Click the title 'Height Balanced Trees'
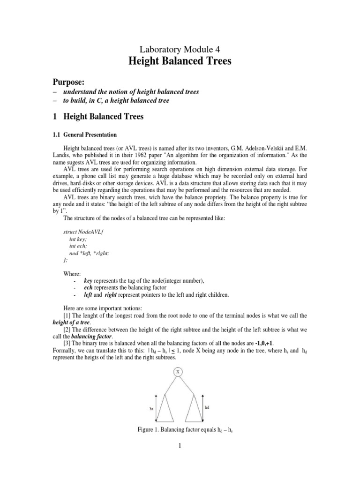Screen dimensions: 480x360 180,61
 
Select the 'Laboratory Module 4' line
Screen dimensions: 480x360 180,48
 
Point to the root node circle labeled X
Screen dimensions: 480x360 178,372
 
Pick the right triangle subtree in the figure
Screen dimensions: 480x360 193,406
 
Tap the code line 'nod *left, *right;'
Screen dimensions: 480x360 89,252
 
